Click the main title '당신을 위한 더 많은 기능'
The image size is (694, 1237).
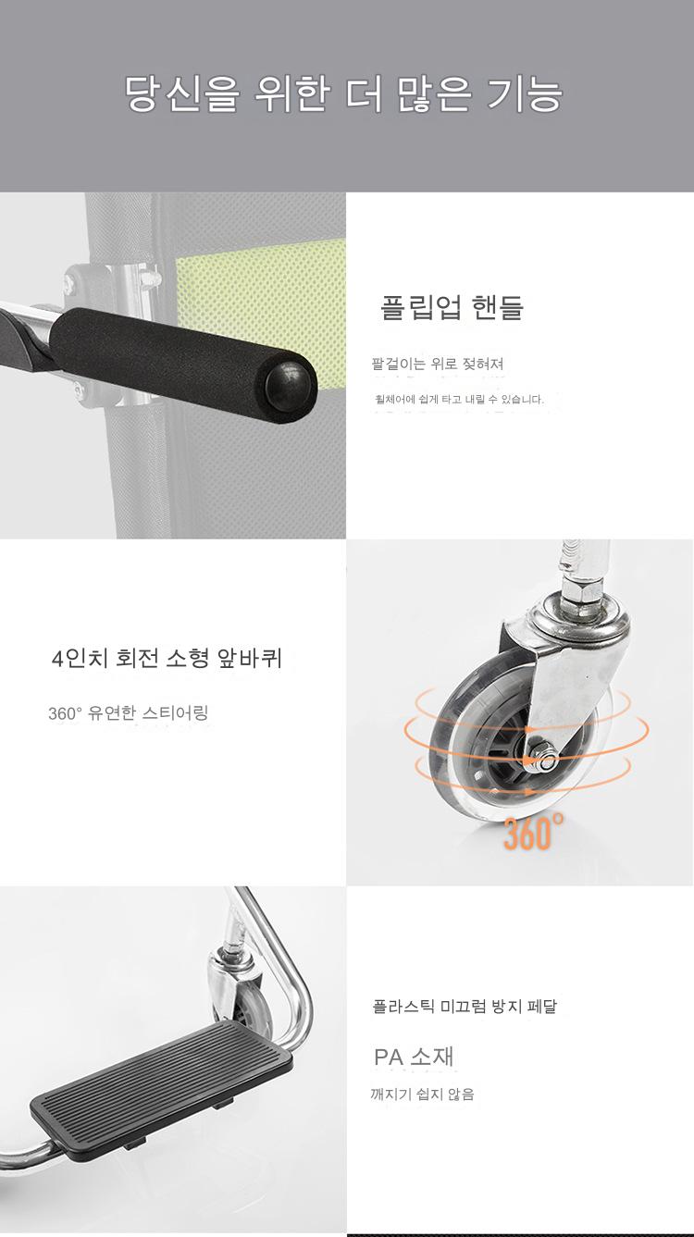[343, 93]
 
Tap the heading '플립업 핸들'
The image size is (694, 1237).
[451, 307]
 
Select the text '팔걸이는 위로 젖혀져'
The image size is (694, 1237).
[437, 364]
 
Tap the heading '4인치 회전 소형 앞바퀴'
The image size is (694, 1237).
[167, 658]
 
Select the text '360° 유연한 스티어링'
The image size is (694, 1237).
[128, 713]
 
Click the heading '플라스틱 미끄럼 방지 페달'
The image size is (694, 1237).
[465, 1006]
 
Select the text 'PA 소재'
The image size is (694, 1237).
[414, 1057]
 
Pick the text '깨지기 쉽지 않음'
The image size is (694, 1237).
[422, 1094]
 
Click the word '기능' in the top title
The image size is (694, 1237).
[525, 93]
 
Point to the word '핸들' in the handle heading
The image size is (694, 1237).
[498, 307]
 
